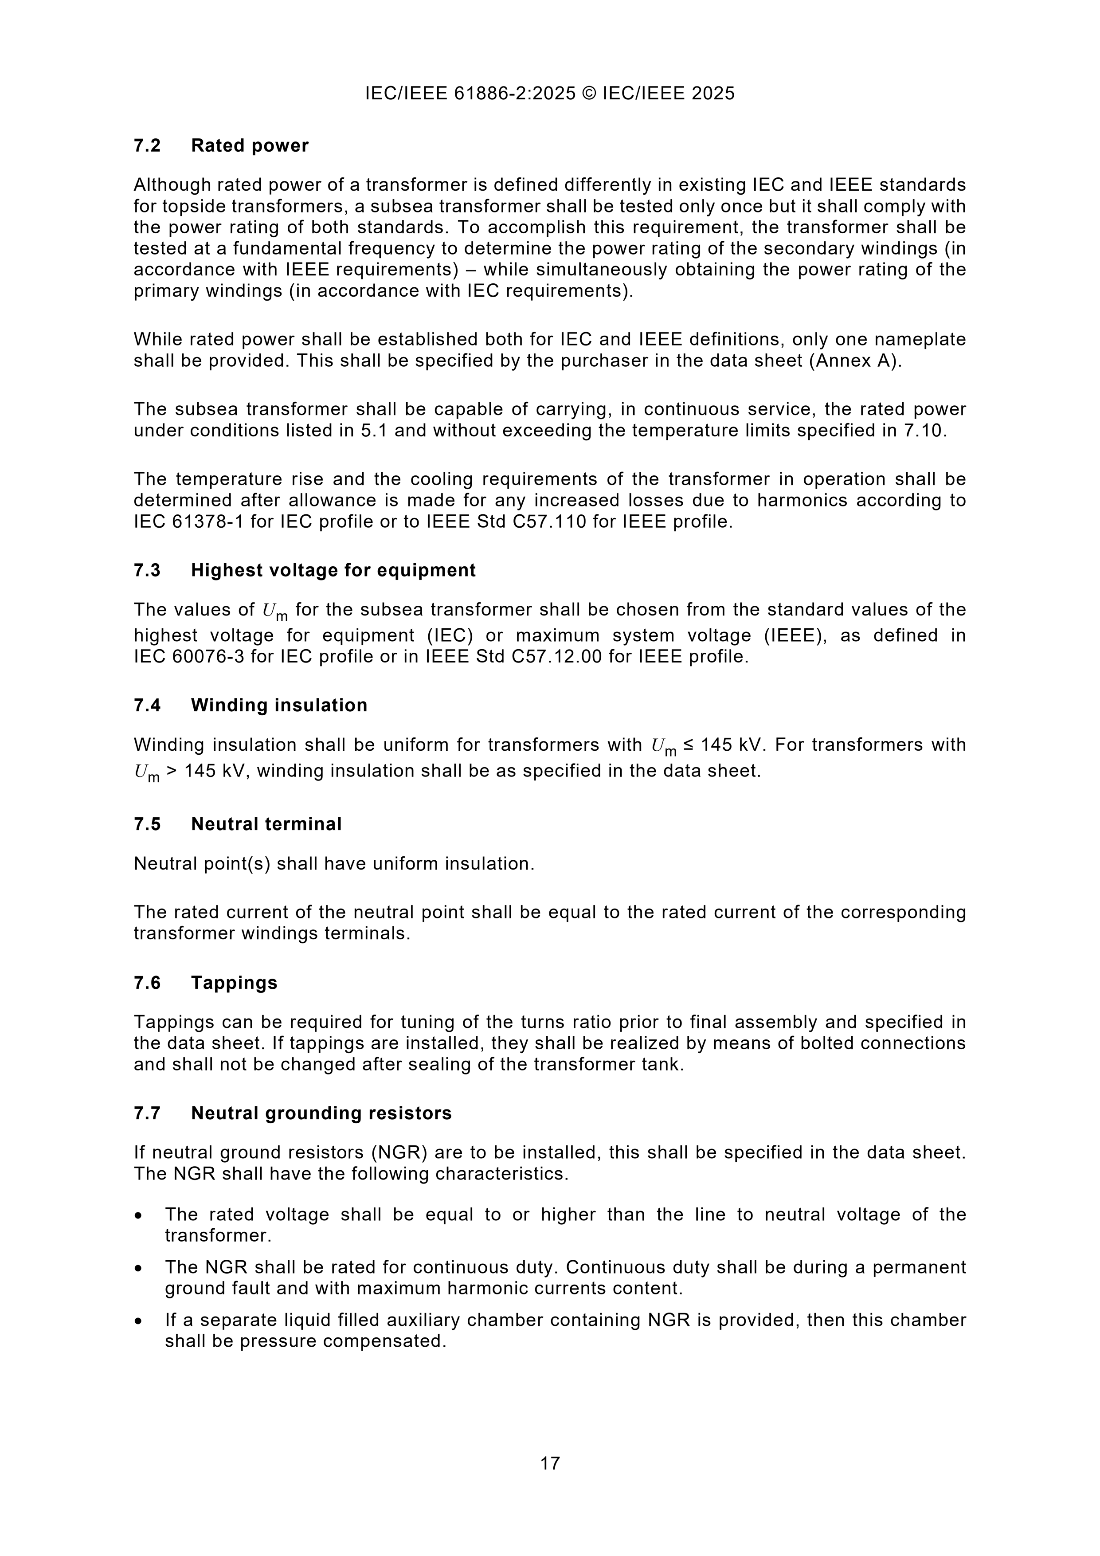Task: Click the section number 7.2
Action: pos(147,146)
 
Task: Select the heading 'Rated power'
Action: pos(250,146)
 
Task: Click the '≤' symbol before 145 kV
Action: pos(688,745)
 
